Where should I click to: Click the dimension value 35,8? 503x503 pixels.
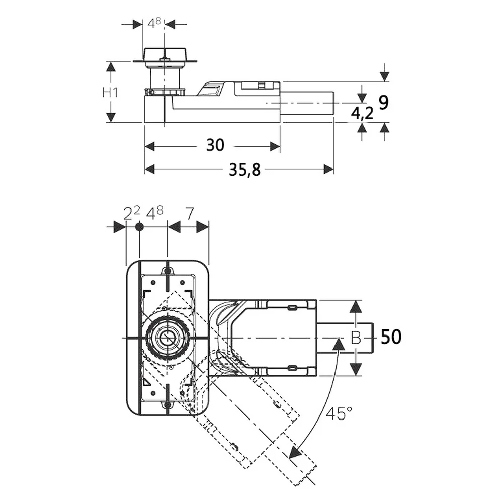click(x=244, y=170)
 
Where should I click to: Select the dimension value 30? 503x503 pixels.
click(x=215, y=145)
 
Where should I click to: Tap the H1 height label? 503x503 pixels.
click(x=110, y=93)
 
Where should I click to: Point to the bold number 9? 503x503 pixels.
click(x=384, y=102)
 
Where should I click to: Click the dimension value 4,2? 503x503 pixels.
click(x=362, y=113)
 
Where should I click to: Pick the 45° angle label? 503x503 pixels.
click(x=339, y=413)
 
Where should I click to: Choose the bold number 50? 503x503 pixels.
click(x=391, y=337)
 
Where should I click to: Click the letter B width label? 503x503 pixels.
click(x=356, y=338)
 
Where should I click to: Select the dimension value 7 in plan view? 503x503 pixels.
click(x=190, y=214)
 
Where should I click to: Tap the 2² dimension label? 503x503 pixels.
click(x=132, y=213)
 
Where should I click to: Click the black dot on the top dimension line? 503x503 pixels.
click(x=139, y=227)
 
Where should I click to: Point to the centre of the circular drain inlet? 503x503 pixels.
click(x=167, y=338)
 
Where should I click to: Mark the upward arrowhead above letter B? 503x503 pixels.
click(x=356, y=307)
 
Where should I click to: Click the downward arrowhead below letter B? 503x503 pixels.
click(x=356, y=369)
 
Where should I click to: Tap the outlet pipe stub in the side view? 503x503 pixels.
click(x=307, y=103)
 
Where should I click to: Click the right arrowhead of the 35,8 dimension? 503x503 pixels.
click(x=329, y=169)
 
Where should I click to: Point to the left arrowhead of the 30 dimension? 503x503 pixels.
click(x=150, y=146)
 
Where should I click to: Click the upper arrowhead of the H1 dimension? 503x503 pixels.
click(x=110, y=67)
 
